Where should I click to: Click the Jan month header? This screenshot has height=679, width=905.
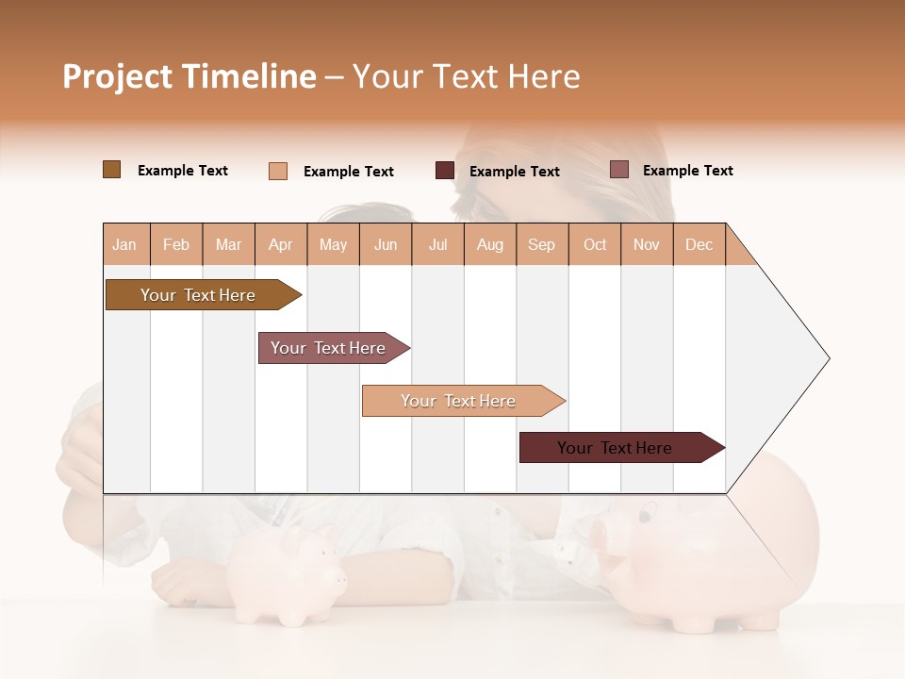pos(124,244)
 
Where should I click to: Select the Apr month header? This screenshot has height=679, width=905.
pos(280,244)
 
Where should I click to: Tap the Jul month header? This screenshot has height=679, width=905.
pos(437,244)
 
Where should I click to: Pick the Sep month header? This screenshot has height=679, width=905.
pos(541,244)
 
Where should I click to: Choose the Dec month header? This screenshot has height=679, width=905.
pos(699,244)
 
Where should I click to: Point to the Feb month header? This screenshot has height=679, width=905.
pos(176,244)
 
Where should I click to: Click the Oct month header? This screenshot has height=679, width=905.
pos(595,244)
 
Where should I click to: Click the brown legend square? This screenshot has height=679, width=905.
pos(111,170)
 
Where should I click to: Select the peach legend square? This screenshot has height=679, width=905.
pos(278,171)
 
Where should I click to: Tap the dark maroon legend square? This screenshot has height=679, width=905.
pos(444,171)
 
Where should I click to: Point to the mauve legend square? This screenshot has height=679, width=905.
pos(618,170)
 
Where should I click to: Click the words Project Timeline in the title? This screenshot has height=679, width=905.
pos(189,76)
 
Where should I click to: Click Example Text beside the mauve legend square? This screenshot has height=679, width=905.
pos(687,171)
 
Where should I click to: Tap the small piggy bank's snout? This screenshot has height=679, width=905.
pos(335,575)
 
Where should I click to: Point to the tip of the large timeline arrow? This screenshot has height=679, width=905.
pos(828,358)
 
